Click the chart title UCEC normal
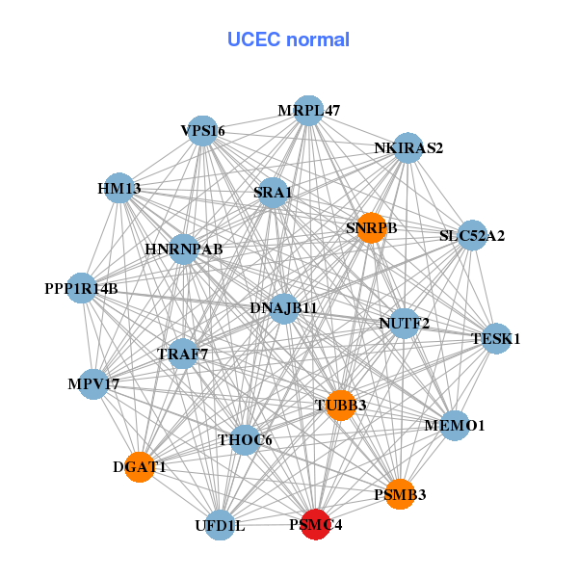click(288, 39)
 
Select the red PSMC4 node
click(316, 525)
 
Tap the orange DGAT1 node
click(140, 467)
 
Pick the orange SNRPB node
click(371, 228)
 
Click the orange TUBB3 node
click(340, 406)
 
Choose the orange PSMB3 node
click(400, 494)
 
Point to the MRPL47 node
click(309, 111)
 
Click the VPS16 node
click(202, 130)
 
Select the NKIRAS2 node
click(408, 147)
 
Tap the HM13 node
click(119, 188)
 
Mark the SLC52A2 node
click(472, 234)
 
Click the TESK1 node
click(496, 338)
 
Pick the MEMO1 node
click(455, 425)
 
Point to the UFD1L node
click(220, 525)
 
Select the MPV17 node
click(93, 384)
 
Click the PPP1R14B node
click(81, 288)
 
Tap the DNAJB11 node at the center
click(283, 308)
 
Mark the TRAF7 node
click(183, 354)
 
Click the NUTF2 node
click(405, 322)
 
